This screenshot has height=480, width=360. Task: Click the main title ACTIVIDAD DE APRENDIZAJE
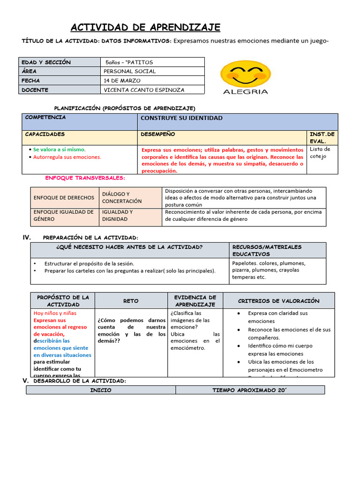(145, 28)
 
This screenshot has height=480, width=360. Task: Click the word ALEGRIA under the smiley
(245, 92)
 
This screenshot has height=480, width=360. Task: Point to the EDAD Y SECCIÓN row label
(46, 62)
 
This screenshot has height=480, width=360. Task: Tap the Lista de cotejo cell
(321, 153)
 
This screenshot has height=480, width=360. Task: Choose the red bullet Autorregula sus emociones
(67, 157)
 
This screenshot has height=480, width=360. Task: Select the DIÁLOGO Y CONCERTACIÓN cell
(122, 197)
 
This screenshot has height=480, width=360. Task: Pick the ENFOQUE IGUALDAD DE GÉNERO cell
(64, 215)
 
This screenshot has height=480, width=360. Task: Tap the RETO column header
(131, 301)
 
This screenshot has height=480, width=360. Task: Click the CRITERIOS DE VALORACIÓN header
(278, 301)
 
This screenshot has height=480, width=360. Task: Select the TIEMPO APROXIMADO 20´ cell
(249, 390)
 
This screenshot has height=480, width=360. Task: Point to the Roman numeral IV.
(27, 238)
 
